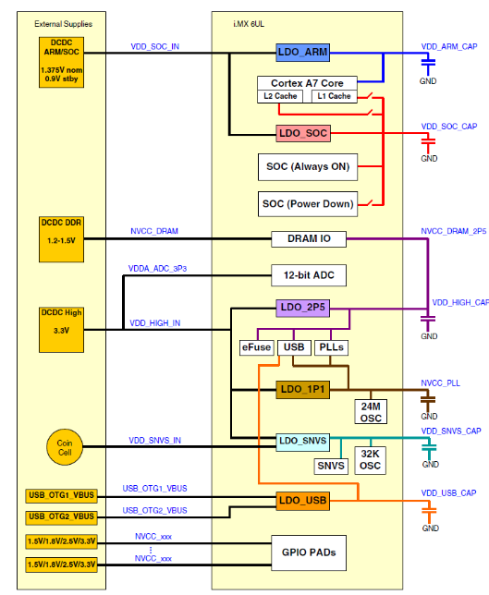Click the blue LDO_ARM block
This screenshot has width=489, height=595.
click(x=302, y=53)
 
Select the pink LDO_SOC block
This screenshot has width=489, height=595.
click(x=303, y=133)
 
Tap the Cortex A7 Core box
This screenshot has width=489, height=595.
click(x=307, y=83)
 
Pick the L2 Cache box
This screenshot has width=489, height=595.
click(x=280, y=96)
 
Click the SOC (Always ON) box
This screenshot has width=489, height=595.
click(x=308, y=167)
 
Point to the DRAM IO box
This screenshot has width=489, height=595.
click(x=309, y=239)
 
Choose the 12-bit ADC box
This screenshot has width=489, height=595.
click(x=309, y=275)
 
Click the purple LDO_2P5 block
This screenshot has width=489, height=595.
click(x=302, y=308)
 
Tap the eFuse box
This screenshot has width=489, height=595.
click(x=257, y=347)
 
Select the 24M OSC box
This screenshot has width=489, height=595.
click(x=371, y=412)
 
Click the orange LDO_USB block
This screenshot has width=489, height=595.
click(x=302, y=501)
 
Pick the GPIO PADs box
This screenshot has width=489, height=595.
click(x=309, y=552)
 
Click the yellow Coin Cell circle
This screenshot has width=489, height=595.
click(x=65, y=447)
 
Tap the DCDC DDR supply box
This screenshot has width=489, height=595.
click(x=61, y=239)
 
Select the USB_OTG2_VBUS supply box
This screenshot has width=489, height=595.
click(x=61, y=517)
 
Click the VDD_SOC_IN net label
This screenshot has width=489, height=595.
click(x=155, y=47)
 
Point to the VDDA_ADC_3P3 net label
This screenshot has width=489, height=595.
click(x=157, y=269)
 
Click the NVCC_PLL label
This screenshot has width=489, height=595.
click(x=440, y=383)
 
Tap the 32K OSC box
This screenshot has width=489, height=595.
click(x=370, y=460)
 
